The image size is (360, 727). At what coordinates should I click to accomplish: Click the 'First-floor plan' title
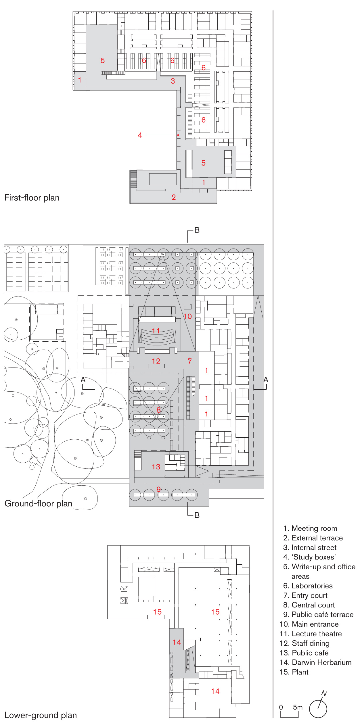(x=32, y=198)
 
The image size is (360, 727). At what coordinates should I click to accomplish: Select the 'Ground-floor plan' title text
(x=38, y=503)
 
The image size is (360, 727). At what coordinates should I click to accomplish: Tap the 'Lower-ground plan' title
(x=41, y=715)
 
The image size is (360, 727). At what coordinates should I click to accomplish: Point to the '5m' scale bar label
(x=298, y=707)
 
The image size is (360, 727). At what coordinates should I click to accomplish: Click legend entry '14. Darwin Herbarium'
(x=315, y=662)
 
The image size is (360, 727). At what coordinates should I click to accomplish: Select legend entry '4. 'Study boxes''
(x=309, y=557)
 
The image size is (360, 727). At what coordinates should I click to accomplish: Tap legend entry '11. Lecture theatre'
(x=311, y=634)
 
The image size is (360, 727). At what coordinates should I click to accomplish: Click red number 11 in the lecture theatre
(x=156, y=331)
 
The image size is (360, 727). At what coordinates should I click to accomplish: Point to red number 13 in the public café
(x=156, y=467)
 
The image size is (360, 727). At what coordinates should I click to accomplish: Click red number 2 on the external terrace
(x=174, y=197)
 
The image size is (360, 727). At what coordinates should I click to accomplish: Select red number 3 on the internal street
(x=173, y=81)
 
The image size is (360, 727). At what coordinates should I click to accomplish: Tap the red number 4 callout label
(x=140, y=135)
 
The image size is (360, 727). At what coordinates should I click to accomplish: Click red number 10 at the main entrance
(x=187, y=316)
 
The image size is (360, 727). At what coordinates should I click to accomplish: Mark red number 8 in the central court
(x=158, y=410)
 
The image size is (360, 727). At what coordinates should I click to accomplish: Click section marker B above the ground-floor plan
(x=197, y=230)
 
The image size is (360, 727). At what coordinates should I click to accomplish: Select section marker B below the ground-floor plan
(x=197, y=515)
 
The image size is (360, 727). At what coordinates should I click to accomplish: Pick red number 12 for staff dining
(x=156, y=361)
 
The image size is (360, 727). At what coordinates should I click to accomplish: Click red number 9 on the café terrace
(x=158, y=489)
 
